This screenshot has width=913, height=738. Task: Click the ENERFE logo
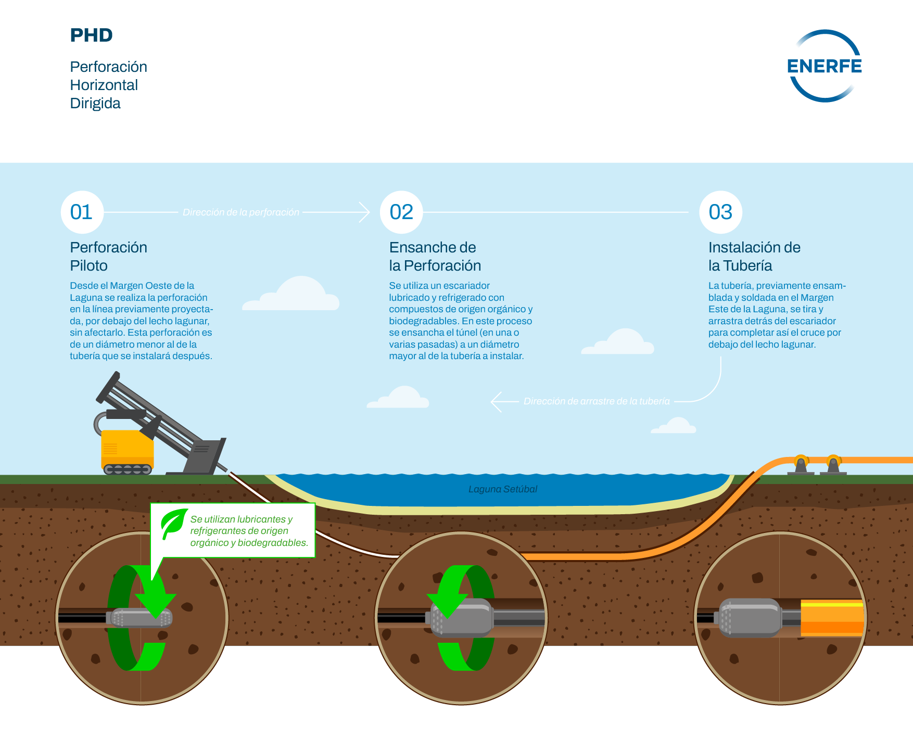tap(825, 66)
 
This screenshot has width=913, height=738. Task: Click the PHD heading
tap(92, 35)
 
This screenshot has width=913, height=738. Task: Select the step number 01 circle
tap(82, 212)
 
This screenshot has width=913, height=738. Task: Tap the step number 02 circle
tap(401, 212)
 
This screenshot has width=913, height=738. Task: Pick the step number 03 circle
tap(720, 212)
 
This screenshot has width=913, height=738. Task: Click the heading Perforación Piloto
tap(108, 256)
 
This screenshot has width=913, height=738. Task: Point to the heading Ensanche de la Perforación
tap(435, 256)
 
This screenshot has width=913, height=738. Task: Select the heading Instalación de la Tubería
tap(754, 256)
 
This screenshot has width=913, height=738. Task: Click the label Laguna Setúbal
tap(502, 489)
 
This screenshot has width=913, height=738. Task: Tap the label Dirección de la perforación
tap(240, 212)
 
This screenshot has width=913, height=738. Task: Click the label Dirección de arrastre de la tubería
tap(597, 401)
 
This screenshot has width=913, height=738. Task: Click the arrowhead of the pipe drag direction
tap(496, 402)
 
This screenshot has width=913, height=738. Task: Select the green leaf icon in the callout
tap(173, 523)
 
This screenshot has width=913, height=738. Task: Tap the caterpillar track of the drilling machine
tap(128, 469)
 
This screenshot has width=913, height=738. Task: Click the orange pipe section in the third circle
tap(831, 618)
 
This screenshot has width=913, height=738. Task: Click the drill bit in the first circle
tap(142, 618)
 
